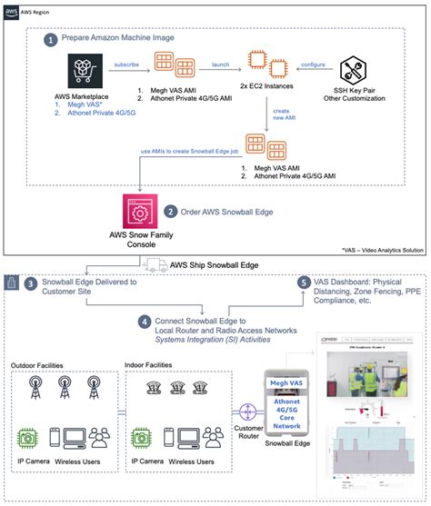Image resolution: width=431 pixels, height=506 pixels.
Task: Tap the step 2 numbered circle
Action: click(x=171, y=212)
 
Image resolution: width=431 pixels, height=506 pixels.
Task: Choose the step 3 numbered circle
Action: click(x=33, y=285)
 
